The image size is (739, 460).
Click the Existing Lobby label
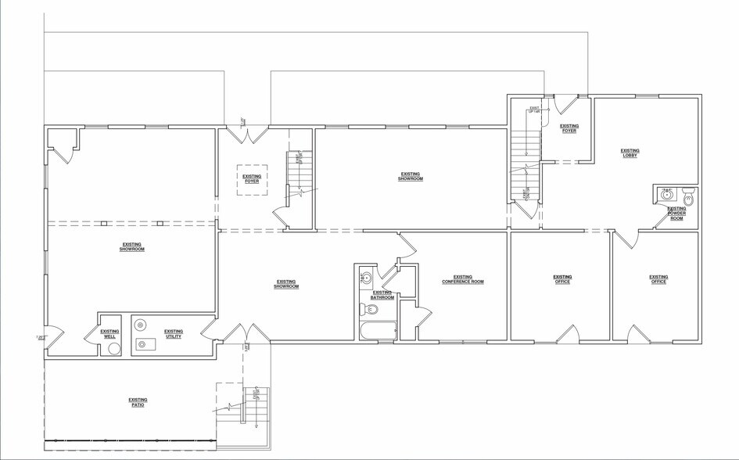(x=630, y=153)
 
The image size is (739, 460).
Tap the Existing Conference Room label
(x=462, y=279)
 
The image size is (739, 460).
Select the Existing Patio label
(x=138, y=402)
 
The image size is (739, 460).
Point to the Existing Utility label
(x=174, y=333)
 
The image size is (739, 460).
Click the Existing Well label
(x=110, y=333)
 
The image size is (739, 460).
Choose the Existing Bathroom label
(x=382, y=295)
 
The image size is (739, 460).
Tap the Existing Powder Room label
(x=676, y=214)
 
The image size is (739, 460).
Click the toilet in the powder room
(x=688, y=195)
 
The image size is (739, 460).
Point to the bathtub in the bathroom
(x=378, y=330)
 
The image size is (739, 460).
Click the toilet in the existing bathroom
(x=371, y=310)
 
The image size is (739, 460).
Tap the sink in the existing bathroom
(x=366, y=277)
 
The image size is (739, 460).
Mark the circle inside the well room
(x=114, y=349)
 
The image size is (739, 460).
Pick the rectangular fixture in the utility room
(x=146, y=343)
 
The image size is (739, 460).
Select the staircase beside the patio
(x=253, y=405)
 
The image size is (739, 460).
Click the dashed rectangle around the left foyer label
(x=252, y=180)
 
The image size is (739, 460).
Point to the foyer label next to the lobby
(x=569, y=128)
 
